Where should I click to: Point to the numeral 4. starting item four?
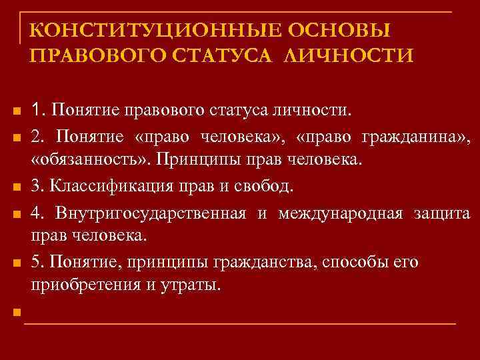[x=37, y=213]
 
